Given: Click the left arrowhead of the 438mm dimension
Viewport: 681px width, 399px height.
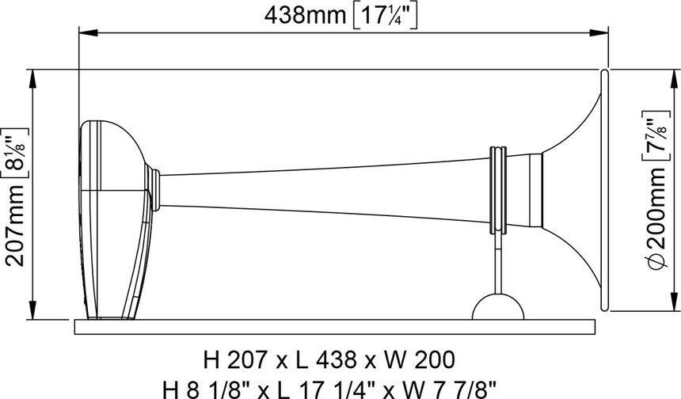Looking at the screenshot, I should [84, 32].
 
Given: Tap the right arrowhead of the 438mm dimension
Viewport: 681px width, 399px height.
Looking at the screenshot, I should [602, 32].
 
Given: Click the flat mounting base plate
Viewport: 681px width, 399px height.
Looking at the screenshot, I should [333, 325].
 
